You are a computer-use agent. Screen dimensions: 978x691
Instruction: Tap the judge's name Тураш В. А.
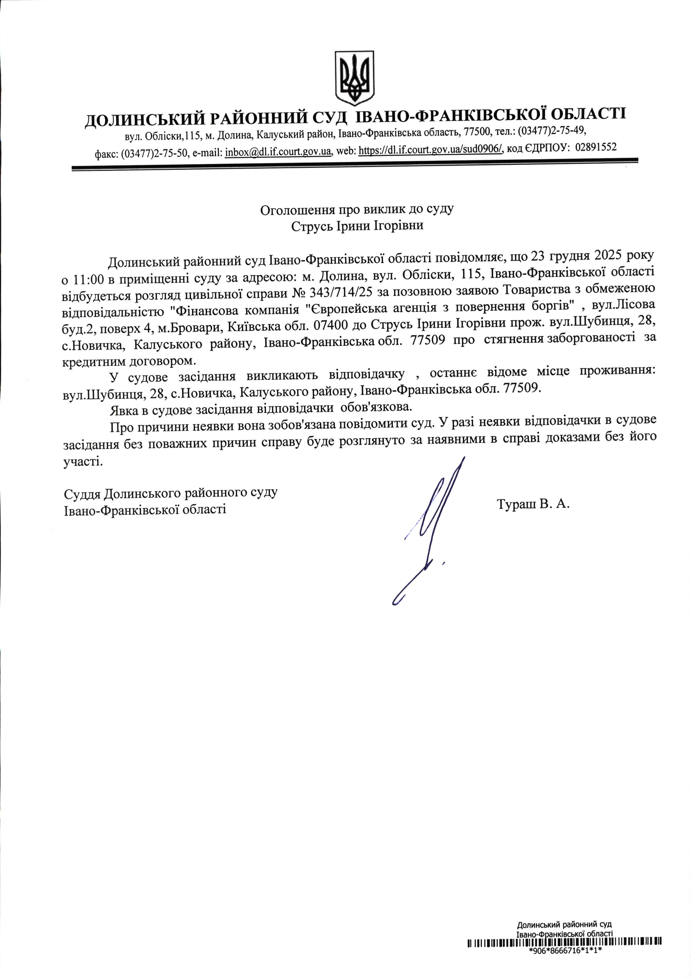[x=533, y=504]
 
